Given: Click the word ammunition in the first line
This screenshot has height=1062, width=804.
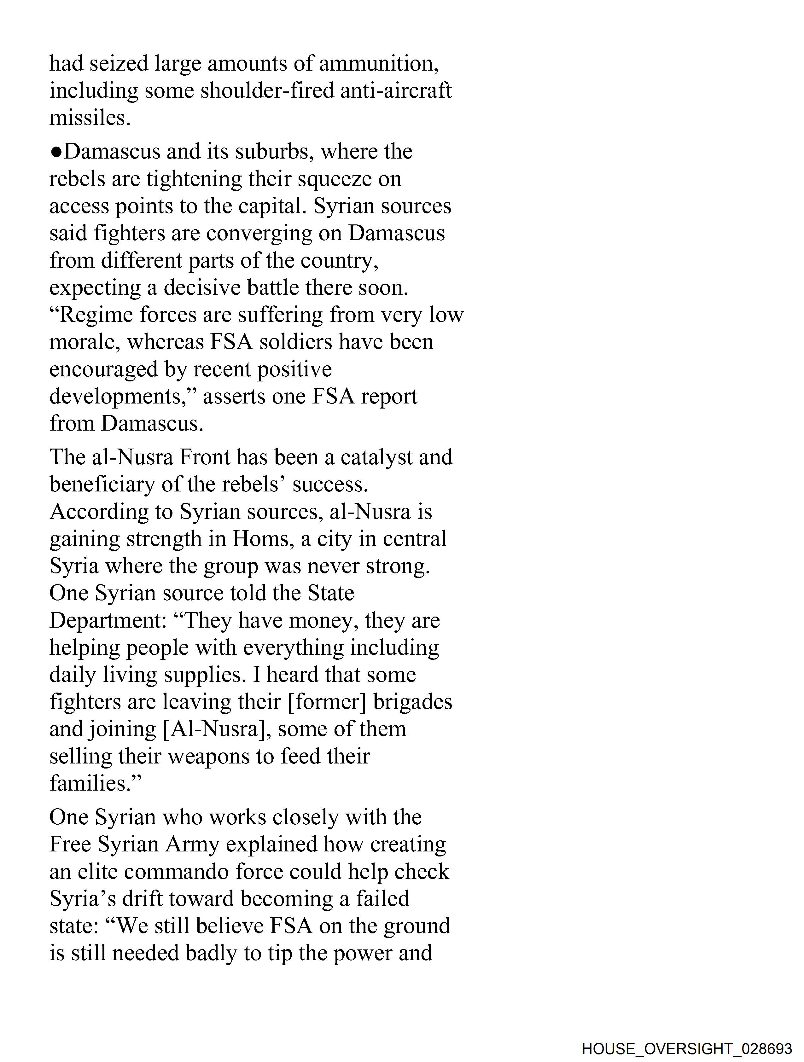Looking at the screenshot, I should [378, 64].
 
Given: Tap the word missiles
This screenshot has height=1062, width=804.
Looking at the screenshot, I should [90, 118].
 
